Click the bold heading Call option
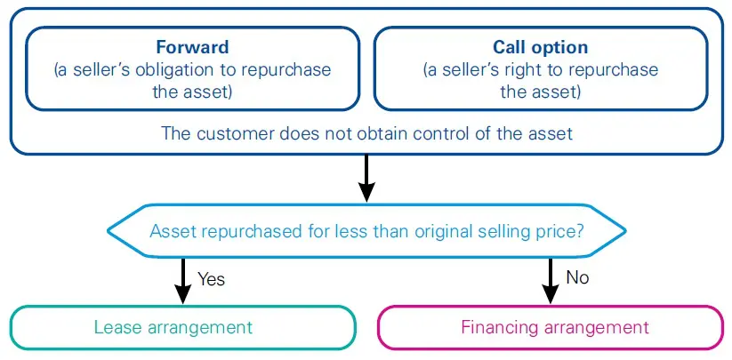pos(541,48)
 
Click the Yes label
pos(212,279)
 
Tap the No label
pos(578,277)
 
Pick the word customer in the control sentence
pos(231,133)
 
